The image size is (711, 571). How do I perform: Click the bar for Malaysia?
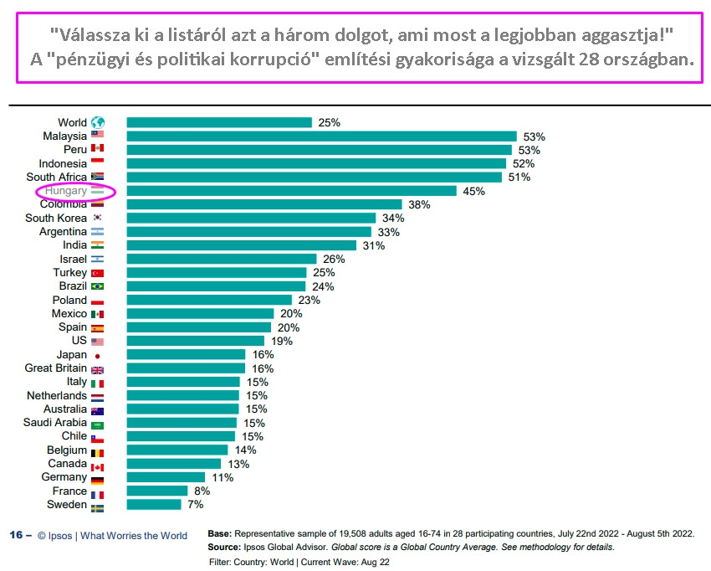[x=321, y=136]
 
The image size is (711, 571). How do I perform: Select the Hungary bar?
[x=291, y=191]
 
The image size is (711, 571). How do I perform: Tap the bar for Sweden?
[x=154, y=505]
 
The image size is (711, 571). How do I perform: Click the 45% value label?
[x=474, y=191]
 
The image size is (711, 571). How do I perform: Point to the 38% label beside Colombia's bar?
[x=419, y=204]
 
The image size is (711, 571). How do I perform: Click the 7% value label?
[x=195, y=505]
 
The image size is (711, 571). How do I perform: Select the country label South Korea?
[x=56, y=218]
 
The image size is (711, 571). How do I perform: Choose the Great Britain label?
[x=56, y=368]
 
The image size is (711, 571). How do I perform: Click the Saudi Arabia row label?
[x=54, y=423]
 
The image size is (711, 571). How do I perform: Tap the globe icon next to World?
[x=98, y=122]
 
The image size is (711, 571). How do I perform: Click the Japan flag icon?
[x=98, y=355]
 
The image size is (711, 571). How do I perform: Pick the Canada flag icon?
[x=98, y=464]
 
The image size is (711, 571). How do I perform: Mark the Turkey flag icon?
[x=98, y=273]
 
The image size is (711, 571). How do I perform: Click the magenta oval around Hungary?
[x=75, y=191]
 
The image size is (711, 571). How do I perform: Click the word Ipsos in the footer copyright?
[x=64, y=535]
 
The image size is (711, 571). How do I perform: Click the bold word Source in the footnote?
[x=224, y=547]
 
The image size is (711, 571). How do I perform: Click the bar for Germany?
[x=166, y=477]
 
